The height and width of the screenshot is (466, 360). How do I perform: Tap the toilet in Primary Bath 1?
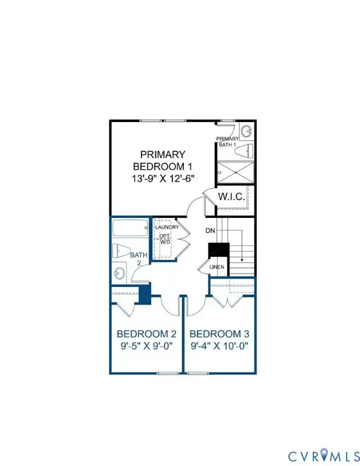coord(244,150)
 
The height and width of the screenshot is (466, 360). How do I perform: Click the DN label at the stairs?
coord(210,231)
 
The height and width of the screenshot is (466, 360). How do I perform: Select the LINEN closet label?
coord(217,267)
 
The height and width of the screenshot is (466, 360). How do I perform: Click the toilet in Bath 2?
coord(120,251)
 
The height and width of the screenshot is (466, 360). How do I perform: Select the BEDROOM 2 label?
coord(146,334)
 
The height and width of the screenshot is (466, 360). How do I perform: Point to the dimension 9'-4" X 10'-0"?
coord(219,348)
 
